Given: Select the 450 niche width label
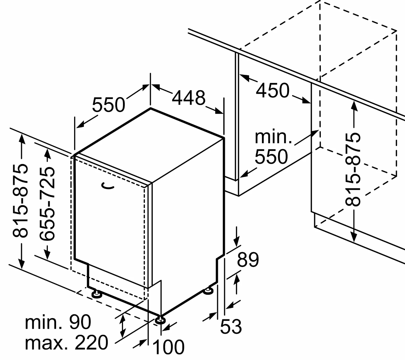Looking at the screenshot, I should (272, 91).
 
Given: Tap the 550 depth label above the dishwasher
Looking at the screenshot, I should (108, 104).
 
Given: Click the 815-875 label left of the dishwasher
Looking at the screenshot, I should (20, 201).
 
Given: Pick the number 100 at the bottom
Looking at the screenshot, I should (168, 347).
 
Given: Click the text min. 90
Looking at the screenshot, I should (58, 322).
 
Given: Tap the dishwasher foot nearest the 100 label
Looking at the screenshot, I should (160, 320).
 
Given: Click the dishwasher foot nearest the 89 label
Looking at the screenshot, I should (209, 291).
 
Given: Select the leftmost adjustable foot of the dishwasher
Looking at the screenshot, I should (97, 294).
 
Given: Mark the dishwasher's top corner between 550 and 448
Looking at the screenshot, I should (150, 108).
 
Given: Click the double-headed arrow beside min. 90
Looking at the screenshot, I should (122, 326).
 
